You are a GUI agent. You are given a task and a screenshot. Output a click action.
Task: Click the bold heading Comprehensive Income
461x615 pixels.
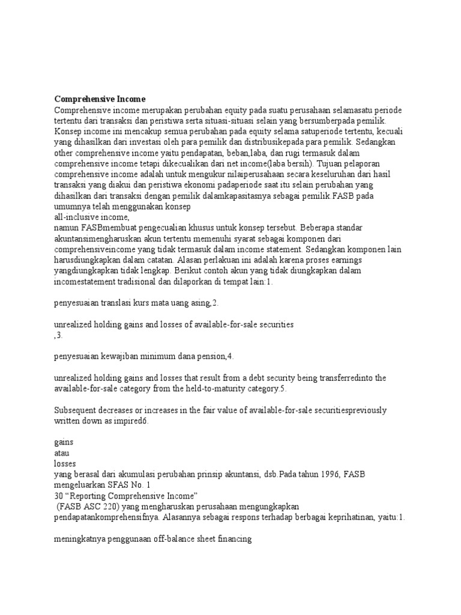tap(100, 98)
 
